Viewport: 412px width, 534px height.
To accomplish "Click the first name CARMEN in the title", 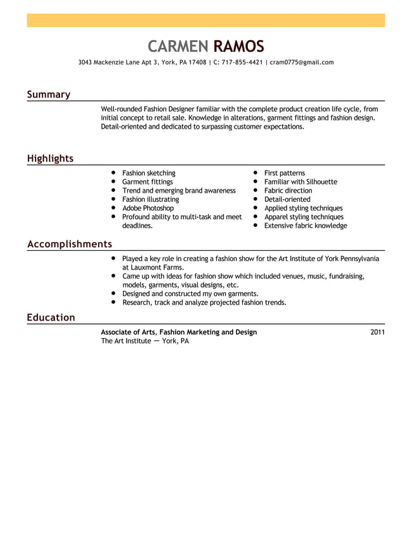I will coord(178,46).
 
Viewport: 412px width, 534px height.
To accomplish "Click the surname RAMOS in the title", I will coord(238,46).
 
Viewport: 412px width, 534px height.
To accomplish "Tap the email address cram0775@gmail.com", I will coord(302,63).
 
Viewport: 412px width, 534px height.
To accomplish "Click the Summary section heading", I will coord(48,94).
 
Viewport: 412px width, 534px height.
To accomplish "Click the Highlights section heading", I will coord(50,158).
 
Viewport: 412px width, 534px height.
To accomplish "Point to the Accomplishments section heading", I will coord(69,244).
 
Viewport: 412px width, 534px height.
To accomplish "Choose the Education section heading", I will coord(50,317).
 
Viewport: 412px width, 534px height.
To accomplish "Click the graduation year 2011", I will coord(378,332).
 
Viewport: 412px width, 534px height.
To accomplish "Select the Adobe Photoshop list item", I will coord(148,208).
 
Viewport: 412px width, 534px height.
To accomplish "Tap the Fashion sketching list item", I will coord(149,173).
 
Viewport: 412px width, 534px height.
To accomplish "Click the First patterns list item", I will coord(284,173).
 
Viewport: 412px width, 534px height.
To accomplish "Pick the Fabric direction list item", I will coord(288,191).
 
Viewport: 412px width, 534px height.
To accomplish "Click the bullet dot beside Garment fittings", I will coord(112,182).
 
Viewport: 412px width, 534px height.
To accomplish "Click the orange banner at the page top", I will coord(205,20).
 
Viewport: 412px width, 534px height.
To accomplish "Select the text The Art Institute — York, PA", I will coord(145,341).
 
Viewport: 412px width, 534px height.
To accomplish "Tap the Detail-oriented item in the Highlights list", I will coord(287,200).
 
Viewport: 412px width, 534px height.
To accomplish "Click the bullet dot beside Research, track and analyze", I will coord(112,302).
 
